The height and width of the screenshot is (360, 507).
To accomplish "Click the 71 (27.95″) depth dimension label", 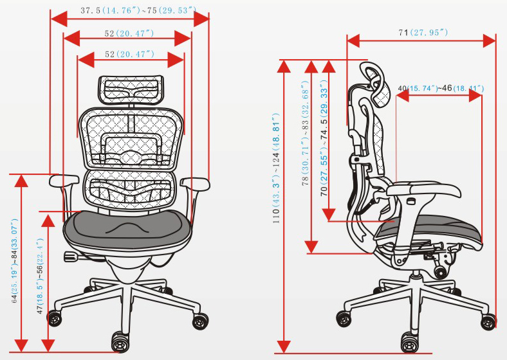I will pos(423,32).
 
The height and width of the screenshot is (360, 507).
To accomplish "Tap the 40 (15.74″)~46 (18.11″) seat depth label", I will pos(441,87).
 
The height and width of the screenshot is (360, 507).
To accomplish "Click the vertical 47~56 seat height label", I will pos(40,283).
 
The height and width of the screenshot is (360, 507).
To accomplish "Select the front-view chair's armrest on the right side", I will pos(196,184).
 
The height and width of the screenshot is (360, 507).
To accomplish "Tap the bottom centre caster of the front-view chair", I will pos(120,339).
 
